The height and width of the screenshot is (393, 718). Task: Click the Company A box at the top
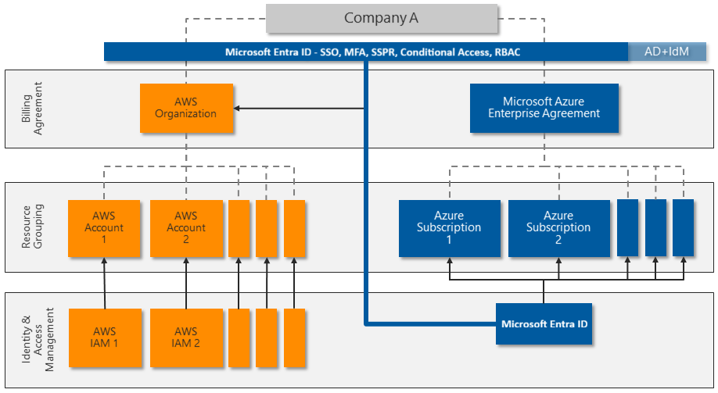(x=381, y=19)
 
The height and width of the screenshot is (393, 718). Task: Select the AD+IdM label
(x=666, y=52)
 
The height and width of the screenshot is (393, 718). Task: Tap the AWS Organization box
(x=185, y=108)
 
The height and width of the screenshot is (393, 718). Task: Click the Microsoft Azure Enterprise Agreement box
(x=544, y=108)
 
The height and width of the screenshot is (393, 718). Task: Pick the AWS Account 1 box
(x=104, y=228)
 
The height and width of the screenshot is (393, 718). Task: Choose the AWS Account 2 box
(x=185, y=228)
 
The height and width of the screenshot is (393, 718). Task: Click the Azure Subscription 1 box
(x=449, y=228)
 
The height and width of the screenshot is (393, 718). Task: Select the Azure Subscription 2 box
(x=558, y=228)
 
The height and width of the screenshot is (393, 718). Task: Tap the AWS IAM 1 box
(x=104, y=338)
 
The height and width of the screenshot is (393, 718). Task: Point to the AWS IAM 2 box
(x=185, y=338)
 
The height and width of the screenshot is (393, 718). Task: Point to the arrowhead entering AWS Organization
(x=239, y=108)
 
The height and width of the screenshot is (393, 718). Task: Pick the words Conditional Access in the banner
(x=443, y=52)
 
